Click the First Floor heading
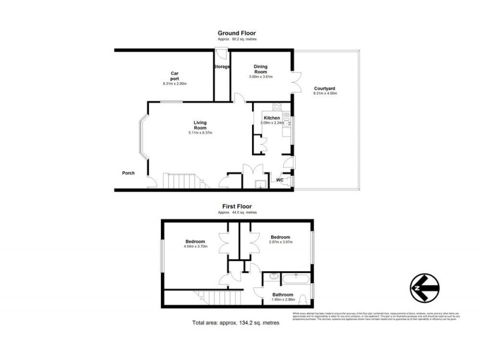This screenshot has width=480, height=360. (x=239, y=208)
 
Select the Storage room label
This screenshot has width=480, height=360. (x=222, y=67)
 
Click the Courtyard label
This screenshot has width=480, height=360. (x=325, y=88)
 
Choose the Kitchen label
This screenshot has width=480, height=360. (x=272, y=118)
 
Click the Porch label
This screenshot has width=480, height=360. (x=128, y=174)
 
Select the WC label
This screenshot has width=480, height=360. (x=280, y=180)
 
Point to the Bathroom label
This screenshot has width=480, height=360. (x=283, y=295)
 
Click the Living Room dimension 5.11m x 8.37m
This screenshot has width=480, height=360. (x=200, y=133)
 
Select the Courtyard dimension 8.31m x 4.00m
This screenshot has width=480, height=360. (x=325, y=93)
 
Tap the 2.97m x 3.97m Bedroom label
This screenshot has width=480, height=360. (x=280, y=237)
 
